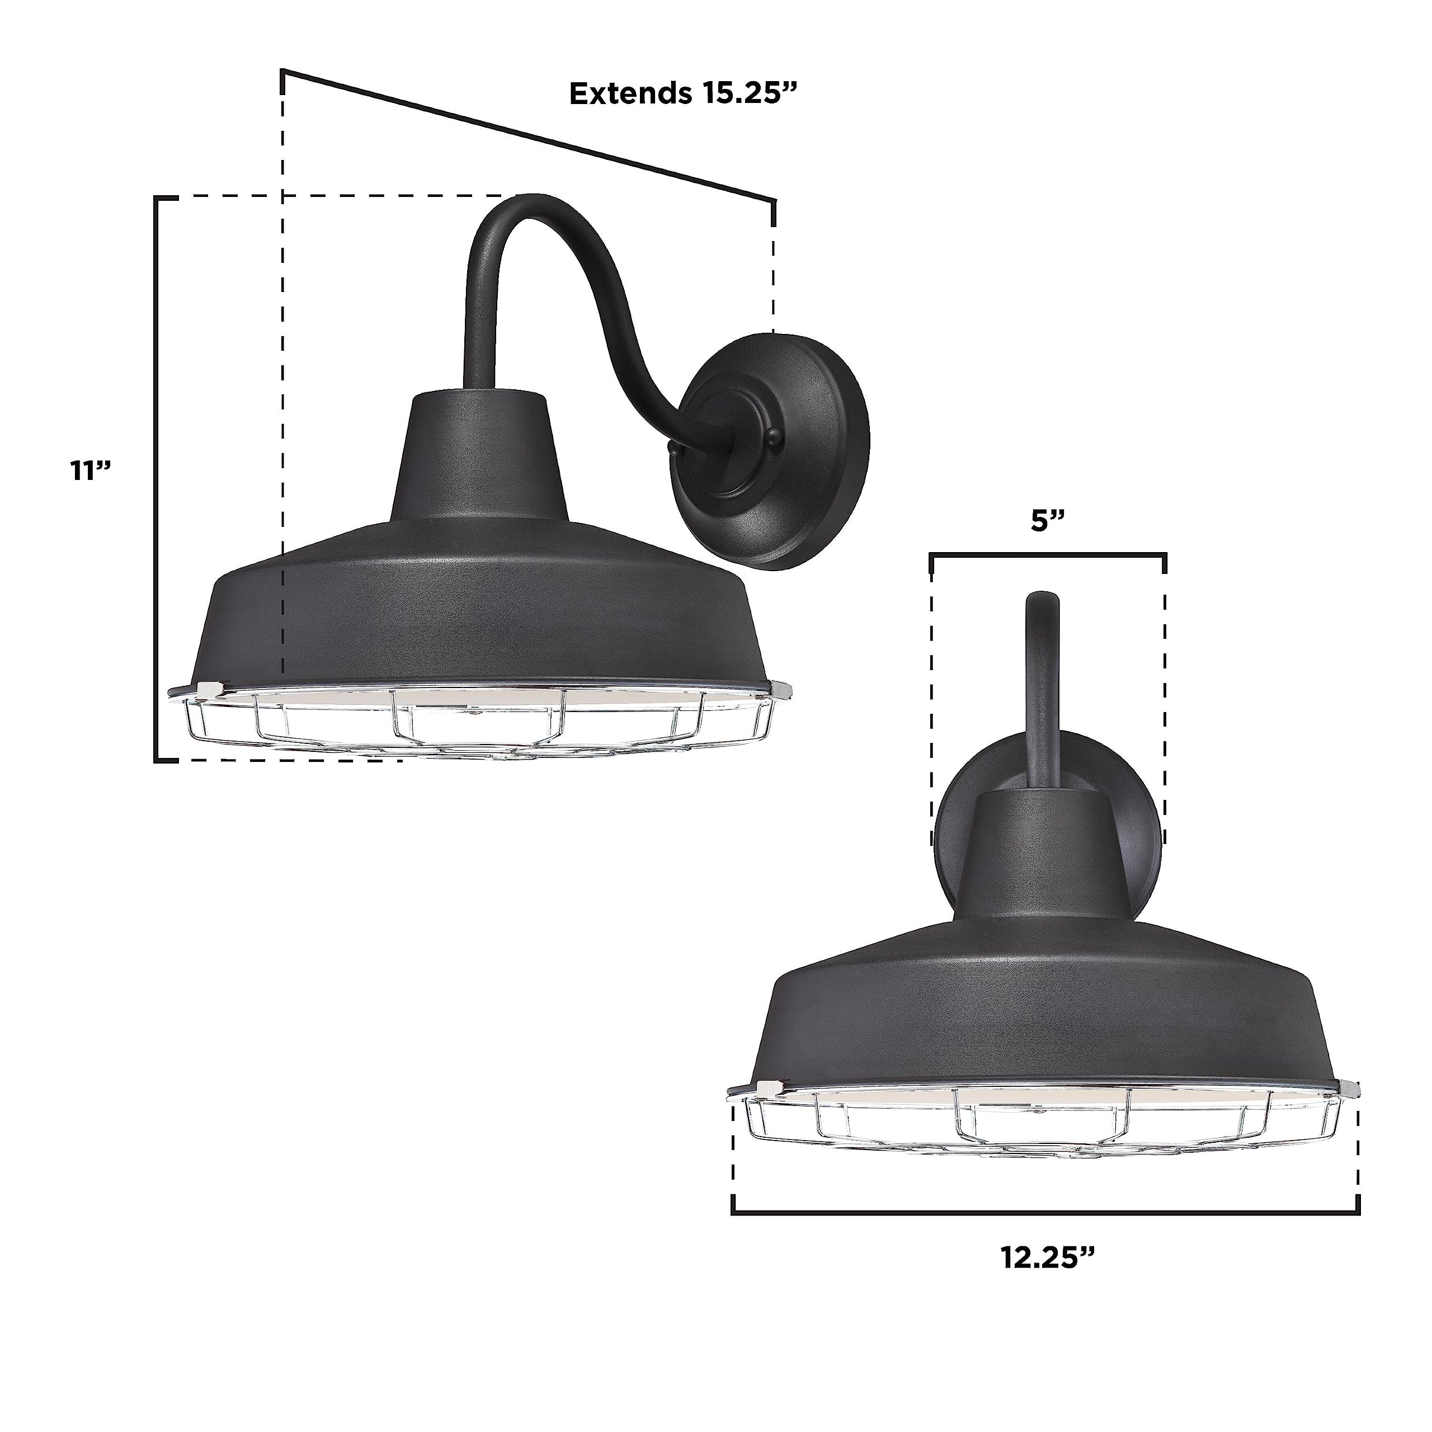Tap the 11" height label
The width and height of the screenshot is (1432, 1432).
coord(91,470)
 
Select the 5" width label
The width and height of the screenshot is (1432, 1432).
coord(1047,521)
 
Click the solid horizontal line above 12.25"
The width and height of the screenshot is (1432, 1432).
coord(1045,1213)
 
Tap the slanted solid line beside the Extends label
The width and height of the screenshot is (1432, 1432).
coord(519,134)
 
